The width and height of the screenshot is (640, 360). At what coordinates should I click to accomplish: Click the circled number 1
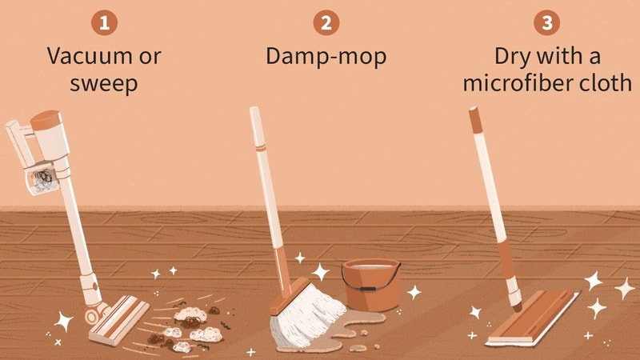(x=102, y=22)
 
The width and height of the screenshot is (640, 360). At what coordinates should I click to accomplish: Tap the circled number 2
(x=325, y=22)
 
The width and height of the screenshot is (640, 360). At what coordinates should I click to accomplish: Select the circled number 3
(x=546, y=22)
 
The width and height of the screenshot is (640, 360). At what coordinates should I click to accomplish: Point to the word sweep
(x=103, y=83)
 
